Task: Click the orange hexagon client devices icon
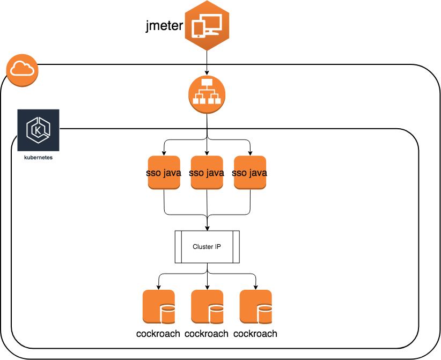click(x=207, y=26)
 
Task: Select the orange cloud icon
click(x=22, y=69)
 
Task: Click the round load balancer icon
click(x=207, y=94)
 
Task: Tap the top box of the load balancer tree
click(x=207, y=83)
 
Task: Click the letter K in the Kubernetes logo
click(x=38, y=130)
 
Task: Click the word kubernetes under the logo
click(x=38, y=158)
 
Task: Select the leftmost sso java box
click(x=164, y=172)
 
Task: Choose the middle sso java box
click(x=207, y=172)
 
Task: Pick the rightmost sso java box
click(x=250, y=172)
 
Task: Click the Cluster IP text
click(x=207, y=247)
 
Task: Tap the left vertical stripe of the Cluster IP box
click(x=178, y=247)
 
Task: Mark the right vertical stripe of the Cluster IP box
click(x=236, y=247)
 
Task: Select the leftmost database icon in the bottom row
click(x=158, y=306)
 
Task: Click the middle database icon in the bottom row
click(x=207, y=306)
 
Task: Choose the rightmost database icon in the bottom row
click(x=255, y=306)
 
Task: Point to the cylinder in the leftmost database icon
click(x=167, y=313)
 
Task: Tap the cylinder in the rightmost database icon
click(x=264, y=313)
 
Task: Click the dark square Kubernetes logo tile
click(x=38, y=130)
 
